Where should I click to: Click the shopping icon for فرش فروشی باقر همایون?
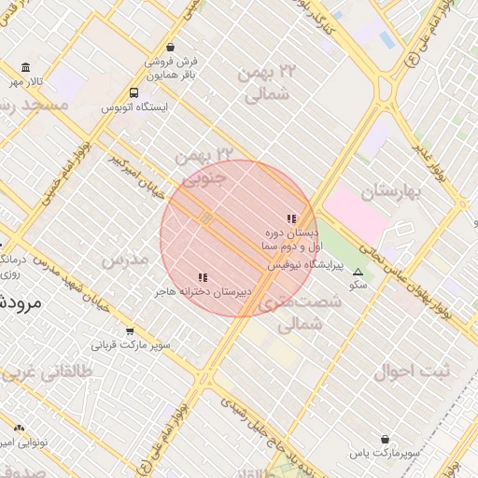tap(169, 47)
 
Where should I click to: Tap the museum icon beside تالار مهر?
tap(25, 68)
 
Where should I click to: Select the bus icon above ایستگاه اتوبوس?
tap(134, 93)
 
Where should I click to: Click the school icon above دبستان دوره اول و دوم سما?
tap(291, 218)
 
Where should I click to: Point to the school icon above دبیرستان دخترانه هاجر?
tap(203, 277)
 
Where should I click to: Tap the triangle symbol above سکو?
tap(357, 272)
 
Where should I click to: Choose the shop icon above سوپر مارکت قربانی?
tap(129, 330)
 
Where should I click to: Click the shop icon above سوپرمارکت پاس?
tap(385, 439)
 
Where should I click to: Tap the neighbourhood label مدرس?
tap(125, 260)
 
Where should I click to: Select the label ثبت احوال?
tap(412, 371)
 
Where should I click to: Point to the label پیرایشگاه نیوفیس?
tap(305, 265)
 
